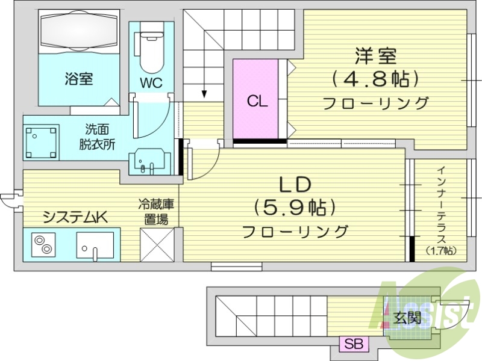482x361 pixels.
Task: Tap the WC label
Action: (x=151, y=84)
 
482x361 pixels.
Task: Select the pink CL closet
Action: (x=257, y=100)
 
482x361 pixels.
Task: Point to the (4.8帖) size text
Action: (x=375, y=78)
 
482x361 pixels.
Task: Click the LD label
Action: (x=294, y=184)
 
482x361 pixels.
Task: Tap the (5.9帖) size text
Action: (x=295, y=208)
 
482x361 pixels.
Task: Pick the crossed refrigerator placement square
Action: (x=157, y=244)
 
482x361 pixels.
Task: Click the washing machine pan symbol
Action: (x=42, y=142)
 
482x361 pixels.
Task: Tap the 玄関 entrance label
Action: (x=408, y=317)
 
